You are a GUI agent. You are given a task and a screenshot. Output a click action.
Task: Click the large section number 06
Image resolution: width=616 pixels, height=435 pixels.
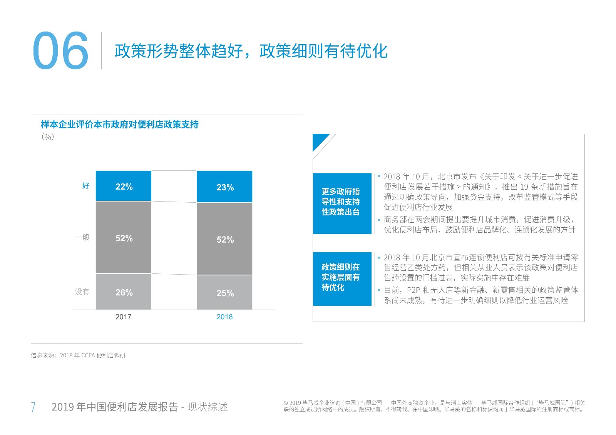(x=60, y=51)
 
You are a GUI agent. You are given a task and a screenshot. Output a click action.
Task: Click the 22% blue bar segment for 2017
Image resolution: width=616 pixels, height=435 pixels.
(x=124, y=186)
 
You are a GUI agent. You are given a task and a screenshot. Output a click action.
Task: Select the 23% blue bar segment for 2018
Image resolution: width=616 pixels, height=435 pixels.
(x=224, y=187)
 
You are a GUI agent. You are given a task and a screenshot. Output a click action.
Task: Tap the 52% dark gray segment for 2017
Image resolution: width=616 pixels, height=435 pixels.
(x=124, y=238)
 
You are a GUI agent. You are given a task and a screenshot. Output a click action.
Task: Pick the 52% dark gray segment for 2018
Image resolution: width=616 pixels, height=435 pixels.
(x=224, y=239)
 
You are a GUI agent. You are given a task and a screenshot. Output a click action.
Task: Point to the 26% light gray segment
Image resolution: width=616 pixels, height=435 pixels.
(x=124, y=292)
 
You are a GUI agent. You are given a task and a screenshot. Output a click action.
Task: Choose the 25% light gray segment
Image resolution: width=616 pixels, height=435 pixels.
(x=224, y=293)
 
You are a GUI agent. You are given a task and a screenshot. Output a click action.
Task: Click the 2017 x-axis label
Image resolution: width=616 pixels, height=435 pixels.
(x=123, y=317)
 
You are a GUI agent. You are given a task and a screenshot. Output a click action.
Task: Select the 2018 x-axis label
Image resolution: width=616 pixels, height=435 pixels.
(x=224, y=317)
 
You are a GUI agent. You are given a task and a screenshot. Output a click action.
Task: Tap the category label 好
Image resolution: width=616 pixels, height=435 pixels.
(x=86, y=186)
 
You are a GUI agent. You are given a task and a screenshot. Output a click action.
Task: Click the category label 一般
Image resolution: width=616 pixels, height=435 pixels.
(x=82, y=237)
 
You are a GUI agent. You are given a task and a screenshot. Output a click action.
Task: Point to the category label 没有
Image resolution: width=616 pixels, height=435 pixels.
(x=82, y=292)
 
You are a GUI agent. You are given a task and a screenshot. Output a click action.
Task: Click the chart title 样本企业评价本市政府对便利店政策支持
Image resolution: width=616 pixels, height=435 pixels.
(x=120, y=125)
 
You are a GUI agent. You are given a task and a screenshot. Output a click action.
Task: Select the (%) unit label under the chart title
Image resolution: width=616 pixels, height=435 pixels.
(x=48, y=137)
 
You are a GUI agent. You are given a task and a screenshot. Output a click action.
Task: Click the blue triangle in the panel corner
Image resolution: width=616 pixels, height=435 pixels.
(x=319, y=140)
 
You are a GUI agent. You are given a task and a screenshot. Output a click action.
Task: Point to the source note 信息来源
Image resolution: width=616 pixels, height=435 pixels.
(x=78, y=355)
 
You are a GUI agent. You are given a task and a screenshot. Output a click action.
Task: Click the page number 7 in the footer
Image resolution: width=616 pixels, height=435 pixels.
(x=33, y=407)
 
